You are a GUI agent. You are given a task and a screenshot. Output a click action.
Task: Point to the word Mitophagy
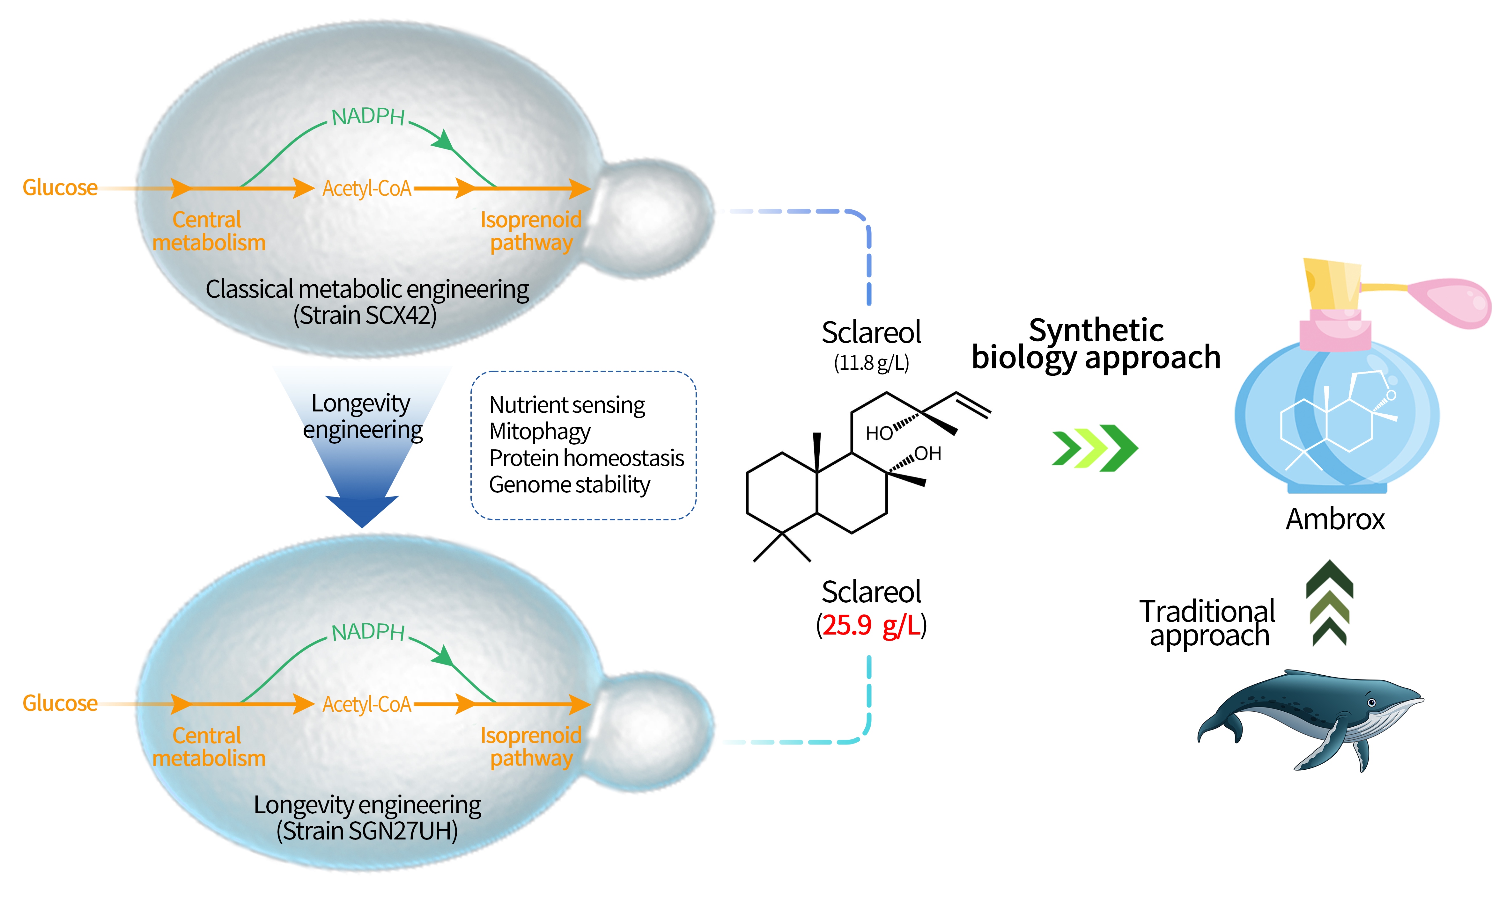tap(540, 431)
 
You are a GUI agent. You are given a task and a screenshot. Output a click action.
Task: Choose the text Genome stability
tap(569, 484)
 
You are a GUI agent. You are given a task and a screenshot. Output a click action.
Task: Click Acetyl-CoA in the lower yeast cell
tap(367, 704)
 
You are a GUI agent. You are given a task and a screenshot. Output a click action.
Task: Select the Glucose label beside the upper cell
tap(60, 187)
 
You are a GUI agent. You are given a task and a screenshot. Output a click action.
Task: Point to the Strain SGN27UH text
tap(367, 831)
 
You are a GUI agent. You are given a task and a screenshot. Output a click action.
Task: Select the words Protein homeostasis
tap(586, 458)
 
